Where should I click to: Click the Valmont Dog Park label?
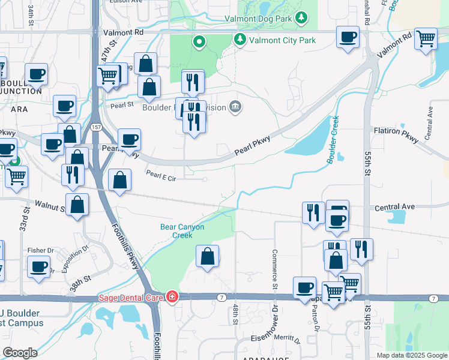pyautogui.click(x=259, y=19)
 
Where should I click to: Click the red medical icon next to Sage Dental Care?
pyautogui.click(x=172, y=297)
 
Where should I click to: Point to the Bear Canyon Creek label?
pyautogui.click(x=182, y=231)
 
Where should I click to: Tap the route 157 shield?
pyautogui.click(x=95, y=127)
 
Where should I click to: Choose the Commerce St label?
pyautogui.click(x=275, y=268)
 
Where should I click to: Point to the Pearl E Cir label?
pyautogui.click(x=161, y=177)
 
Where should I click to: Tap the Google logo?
pyautogui.click(x=20, y=353)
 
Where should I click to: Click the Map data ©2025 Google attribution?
pyautogui.click(x=412, y=355)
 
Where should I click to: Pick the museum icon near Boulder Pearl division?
pyautogui.click(x=235, y=107)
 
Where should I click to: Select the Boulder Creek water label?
pyautogui.click(x=334, y=139)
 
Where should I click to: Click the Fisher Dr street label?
pyautogui.click(x=40, y=250)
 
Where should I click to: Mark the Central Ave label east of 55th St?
pyautogui.click(x=394, y=207)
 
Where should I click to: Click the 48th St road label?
pyautogui.click(x=235, y=314)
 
